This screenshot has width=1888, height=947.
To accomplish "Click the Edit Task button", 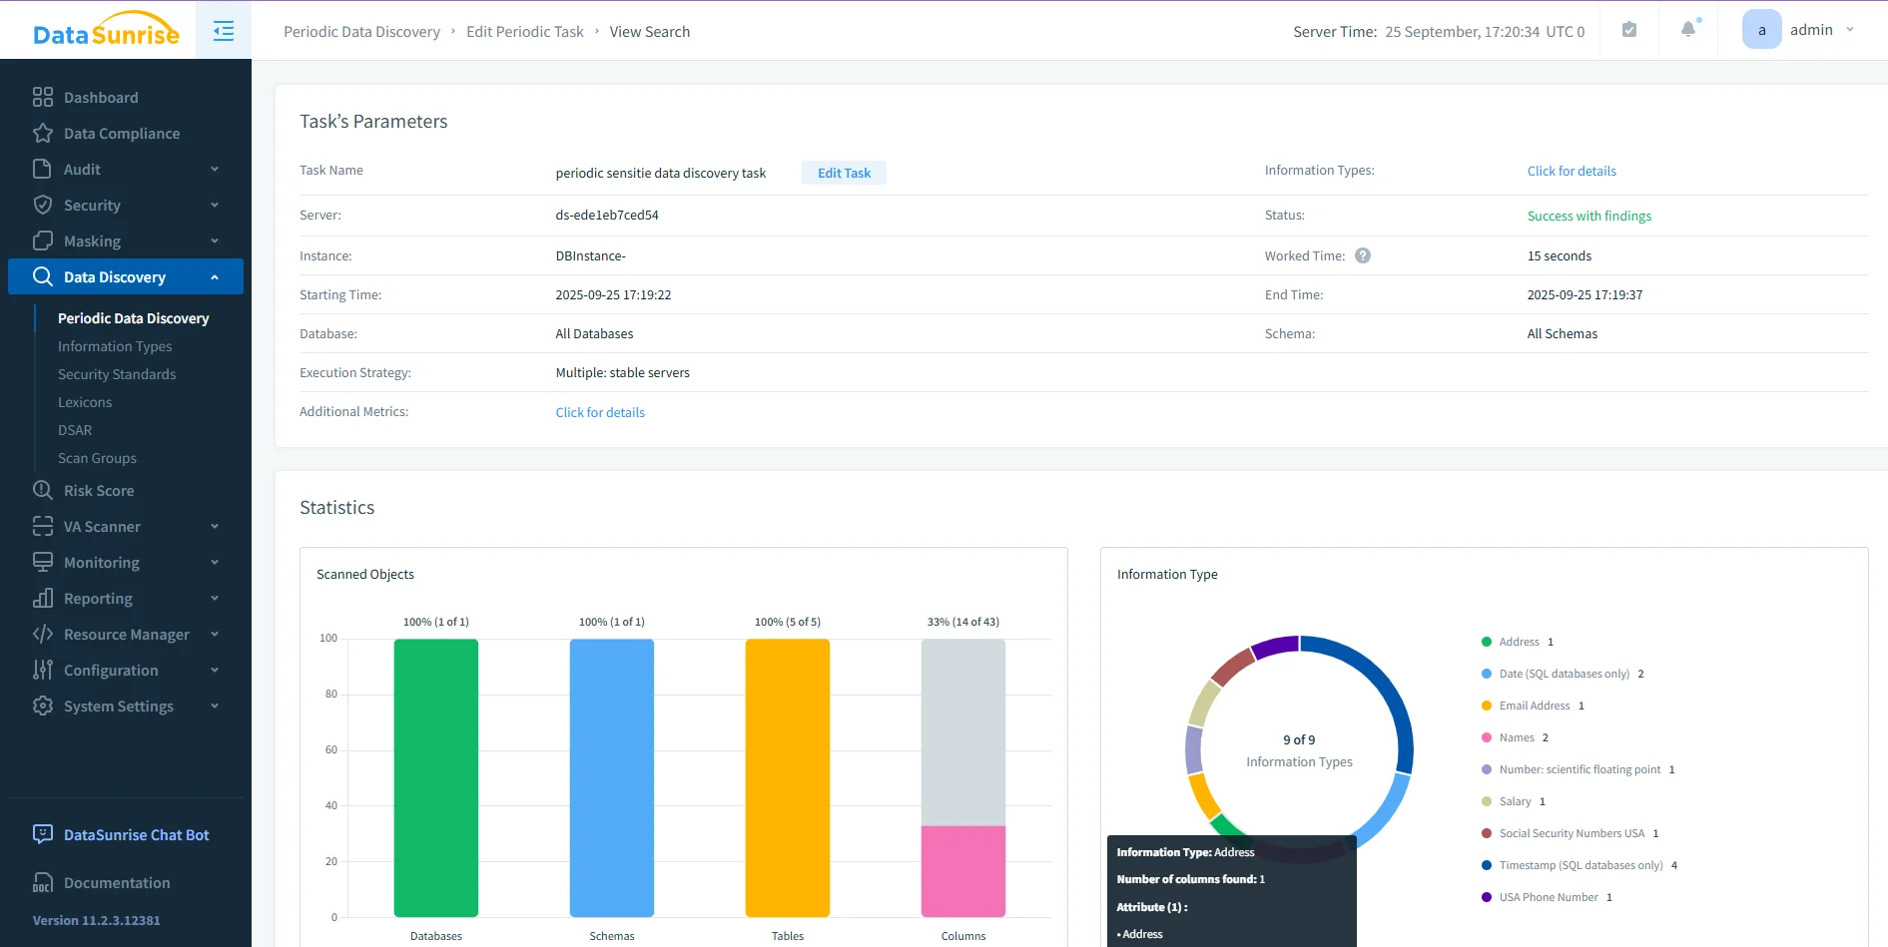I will click(x=844, y=173).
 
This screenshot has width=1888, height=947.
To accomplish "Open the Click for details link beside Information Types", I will click(x=1571, y=171).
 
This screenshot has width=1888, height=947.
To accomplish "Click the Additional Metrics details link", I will click(x=599, y=412).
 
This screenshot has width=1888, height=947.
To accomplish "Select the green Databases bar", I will click(x=435, y=777).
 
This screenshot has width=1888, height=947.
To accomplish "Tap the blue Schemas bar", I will click(x=611, y=777).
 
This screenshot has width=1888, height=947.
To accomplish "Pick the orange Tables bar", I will click(x=787, y=777).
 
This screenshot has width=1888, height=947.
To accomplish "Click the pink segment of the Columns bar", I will click(x=962, y=871).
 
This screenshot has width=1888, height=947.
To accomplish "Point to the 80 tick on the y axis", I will click(x=330, y=694).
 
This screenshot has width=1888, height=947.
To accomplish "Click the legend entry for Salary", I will click(x=1515, y=801).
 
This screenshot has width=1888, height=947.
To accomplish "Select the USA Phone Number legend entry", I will click(x=1548, y=897).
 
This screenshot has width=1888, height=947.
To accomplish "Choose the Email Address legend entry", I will click(x=1534, y=706).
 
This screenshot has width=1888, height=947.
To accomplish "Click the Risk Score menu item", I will click(x=99, y=491).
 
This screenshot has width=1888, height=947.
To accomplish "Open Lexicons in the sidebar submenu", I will click(x=85, y=402).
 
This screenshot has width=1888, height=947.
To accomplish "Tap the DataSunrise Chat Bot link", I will click(x=136, y=835).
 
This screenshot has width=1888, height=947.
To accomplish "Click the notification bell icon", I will click(x=1688, y=30).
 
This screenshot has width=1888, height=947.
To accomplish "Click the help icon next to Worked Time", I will click(x=1363, y=255).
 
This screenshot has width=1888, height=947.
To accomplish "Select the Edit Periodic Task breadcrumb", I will click(x=524, y=32).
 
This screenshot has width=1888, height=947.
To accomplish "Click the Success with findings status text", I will click(x=1588, y=216).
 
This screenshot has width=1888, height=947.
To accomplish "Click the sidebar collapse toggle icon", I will click(x=224, y=31).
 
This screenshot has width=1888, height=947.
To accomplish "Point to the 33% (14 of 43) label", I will click(x=962, y=622).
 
